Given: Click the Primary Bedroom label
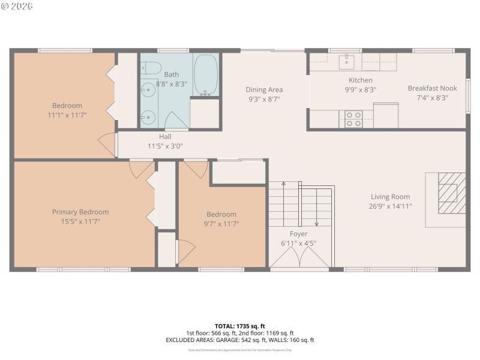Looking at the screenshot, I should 80,212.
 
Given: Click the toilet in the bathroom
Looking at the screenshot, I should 151,67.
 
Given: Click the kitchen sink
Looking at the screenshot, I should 347,60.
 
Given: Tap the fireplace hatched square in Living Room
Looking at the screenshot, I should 451,192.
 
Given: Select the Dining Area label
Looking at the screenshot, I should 264,90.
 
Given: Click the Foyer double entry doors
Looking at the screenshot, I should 299,258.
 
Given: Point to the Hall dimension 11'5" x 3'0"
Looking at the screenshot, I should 165,146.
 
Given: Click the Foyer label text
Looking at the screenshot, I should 298,234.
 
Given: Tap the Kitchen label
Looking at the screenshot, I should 361,80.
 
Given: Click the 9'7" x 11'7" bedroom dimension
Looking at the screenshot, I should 221,224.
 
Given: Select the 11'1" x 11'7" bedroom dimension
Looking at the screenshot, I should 67,115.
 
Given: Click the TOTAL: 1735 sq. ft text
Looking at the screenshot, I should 239,326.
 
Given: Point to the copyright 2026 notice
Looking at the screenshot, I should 17,6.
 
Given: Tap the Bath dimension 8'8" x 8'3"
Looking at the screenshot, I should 172,84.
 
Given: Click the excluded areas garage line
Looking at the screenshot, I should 239,340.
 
